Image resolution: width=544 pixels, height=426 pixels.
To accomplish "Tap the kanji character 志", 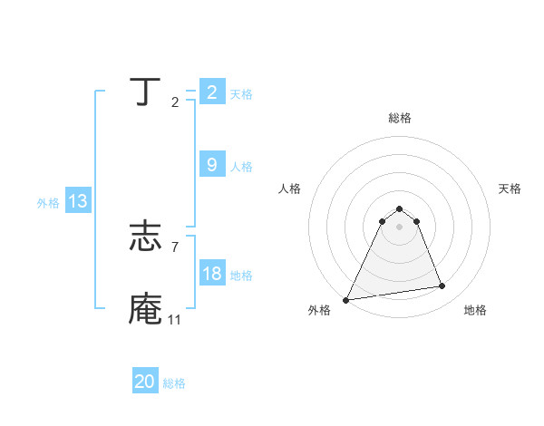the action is coord(145,238).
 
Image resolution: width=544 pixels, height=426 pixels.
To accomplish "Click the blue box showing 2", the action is coord(211,92).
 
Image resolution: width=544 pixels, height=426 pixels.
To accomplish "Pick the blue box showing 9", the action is coord(211,165).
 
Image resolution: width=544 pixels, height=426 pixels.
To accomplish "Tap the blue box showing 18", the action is coord(211,274).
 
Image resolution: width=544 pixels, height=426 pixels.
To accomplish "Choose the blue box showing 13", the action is coord(78,201).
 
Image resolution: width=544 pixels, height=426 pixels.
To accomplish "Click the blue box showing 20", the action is coord(145,382).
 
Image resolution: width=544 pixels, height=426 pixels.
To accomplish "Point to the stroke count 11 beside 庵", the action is coord(174,320).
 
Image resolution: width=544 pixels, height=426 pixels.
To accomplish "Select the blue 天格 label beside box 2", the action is coord(241,94).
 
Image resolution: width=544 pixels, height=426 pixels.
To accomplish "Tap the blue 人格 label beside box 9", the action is coord(241,167).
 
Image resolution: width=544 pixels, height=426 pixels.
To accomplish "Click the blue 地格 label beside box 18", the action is coord(241,276).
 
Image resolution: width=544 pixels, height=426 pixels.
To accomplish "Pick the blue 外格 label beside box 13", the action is coord(48,203).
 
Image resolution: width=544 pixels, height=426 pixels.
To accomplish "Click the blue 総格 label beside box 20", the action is coord(174,383).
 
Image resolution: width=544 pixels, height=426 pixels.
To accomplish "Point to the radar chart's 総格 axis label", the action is coord(399,118).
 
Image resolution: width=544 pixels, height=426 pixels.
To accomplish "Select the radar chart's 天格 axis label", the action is coord(510,189).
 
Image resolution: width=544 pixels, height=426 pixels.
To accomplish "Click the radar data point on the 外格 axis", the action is coord(346,300).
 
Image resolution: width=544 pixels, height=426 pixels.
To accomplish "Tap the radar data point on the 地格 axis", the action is coord(442,286).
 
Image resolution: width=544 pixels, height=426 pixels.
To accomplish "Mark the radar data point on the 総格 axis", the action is coord(399,208).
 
